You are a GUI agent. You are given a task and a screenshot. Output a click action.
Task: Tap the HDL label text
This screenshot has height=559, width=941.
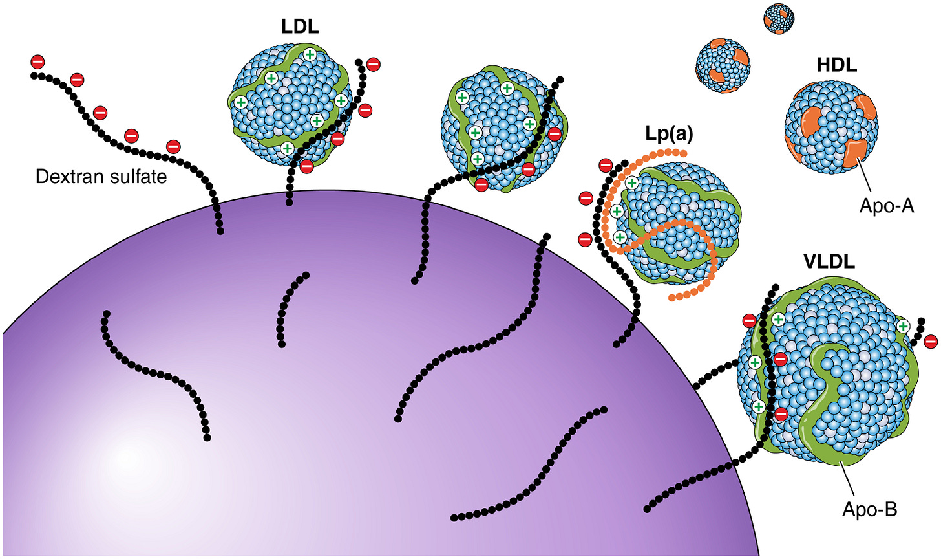click(x=836, y=65)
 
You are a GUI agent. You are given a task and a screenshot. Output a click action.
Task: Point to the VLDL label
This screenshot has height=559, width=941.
click(x=829, y=261)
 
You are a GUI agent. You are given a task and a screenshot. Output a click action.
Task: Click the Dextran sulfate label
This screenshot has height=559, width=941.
click(x=101, y=176)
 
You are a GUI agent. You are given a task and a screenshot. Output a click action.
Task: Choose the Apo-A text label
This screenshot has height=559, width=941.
click(x=887, y=206)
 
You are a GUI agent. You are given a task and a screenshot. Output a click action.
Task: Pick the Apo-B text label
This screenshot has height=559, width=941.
click(x=869, y=510)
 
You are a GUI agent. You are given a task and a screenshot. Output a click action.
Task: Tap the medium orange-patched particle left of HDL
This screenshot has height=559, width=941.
click(x=722, y=65)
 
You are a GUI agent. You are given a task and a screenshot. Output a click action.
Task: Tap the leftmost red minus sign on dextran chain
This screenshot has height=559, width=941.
click(x=38, y=62)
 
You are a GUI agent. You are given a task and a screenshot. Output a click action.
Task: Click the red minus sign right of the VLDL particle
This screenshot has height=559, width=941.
click(x=931, y=341)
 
